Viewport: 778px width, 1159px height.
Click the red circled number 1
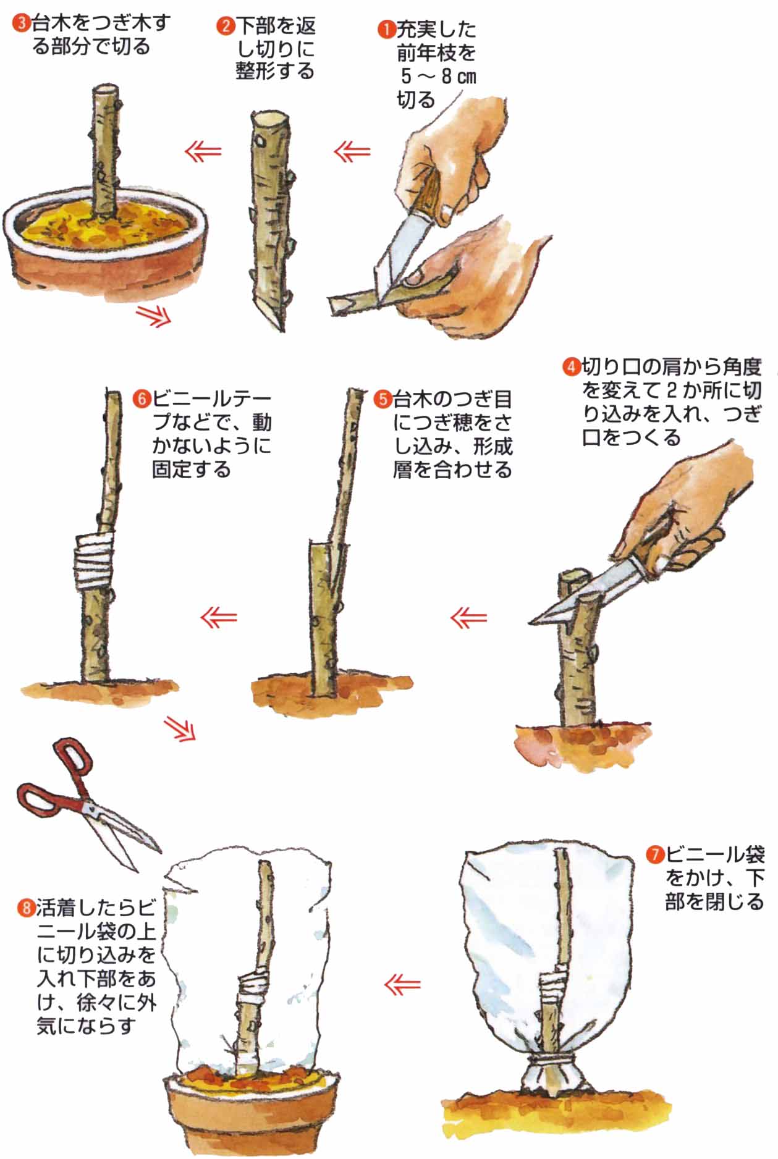pyautogui.click(x=387, y=29)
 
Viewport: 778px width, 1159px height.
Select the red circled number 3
pyautogui.click(x=22, y=23)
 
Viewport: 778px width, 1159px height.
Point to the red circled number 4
pyautogui.click(x=572, y=367)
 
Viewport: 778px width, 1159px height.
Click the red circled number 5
pyautogui.click(x=383, y=399)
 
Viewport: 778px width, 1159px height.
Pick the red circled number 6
pyautogui.click(x=142, y=399)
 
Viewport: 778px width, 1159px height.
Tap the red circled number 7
pyautogui.click(x=655, y=856)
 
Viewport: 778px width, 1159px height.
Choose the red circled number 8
pyautogui.click(x=26, y=909)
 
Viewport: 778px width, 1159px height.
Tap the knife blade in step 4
pyautogui.click(x=587, y=596)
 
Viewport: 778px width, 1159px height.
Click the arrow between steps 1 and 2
pyautogui.click(x=352, y=151)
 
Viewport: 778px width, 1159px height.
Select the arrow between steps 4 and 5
pyautogui.click(x=469, y=618)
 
